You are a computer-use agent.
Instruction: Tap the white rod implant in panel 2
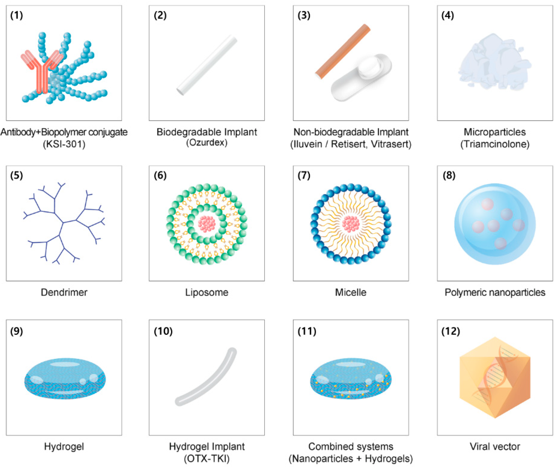207,65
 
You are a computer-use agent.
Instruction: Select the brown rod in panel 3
343,51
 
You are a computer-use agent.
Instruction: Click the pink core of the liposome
207,224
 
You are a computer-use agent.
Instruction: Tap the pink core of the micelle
351,224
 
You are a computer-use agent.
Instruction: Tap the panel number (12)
451,331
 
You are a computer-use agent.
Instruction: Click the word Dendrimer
64,292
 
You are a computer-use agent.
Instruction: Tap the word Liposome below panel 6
207,292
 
